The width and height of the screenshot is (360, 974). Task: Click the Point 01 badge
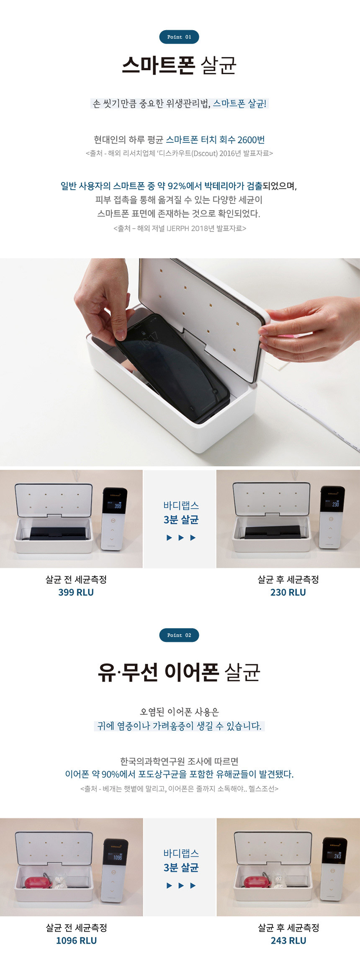pos(179,37)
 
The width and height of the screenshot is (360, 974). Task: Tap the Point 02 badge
pos(179,635)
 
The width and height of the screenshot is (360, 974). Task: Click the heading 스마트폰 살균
pos(179,65)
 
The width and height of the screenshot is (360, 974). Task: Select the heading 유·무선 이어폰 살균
pos(179,672)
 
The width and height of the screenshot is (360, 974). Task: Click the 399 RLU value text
pos(76,592)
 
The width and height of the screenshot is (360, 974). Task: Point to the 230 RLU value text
pos(288,592)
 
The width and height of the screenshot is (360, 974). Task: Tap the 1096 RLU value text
pos(76,941)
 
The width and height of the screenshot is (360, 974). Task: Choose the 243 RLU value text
pos(288,941)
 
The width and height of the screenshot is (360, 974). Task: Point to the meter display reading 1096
pos(115,857)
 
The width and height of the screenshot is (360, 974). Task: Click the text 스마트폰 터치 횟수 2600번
pos(215,139)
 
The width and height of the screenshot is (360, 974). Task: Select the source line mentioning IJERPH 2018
pos(180,228)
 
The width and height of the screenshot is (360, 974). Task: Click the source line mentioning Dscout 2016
pos(179,153)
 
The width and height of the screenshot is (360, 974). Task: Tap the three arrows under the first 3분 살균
pos(181,537)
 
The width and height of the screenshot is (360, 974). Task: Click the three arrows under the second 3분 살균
pos(181,885)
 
